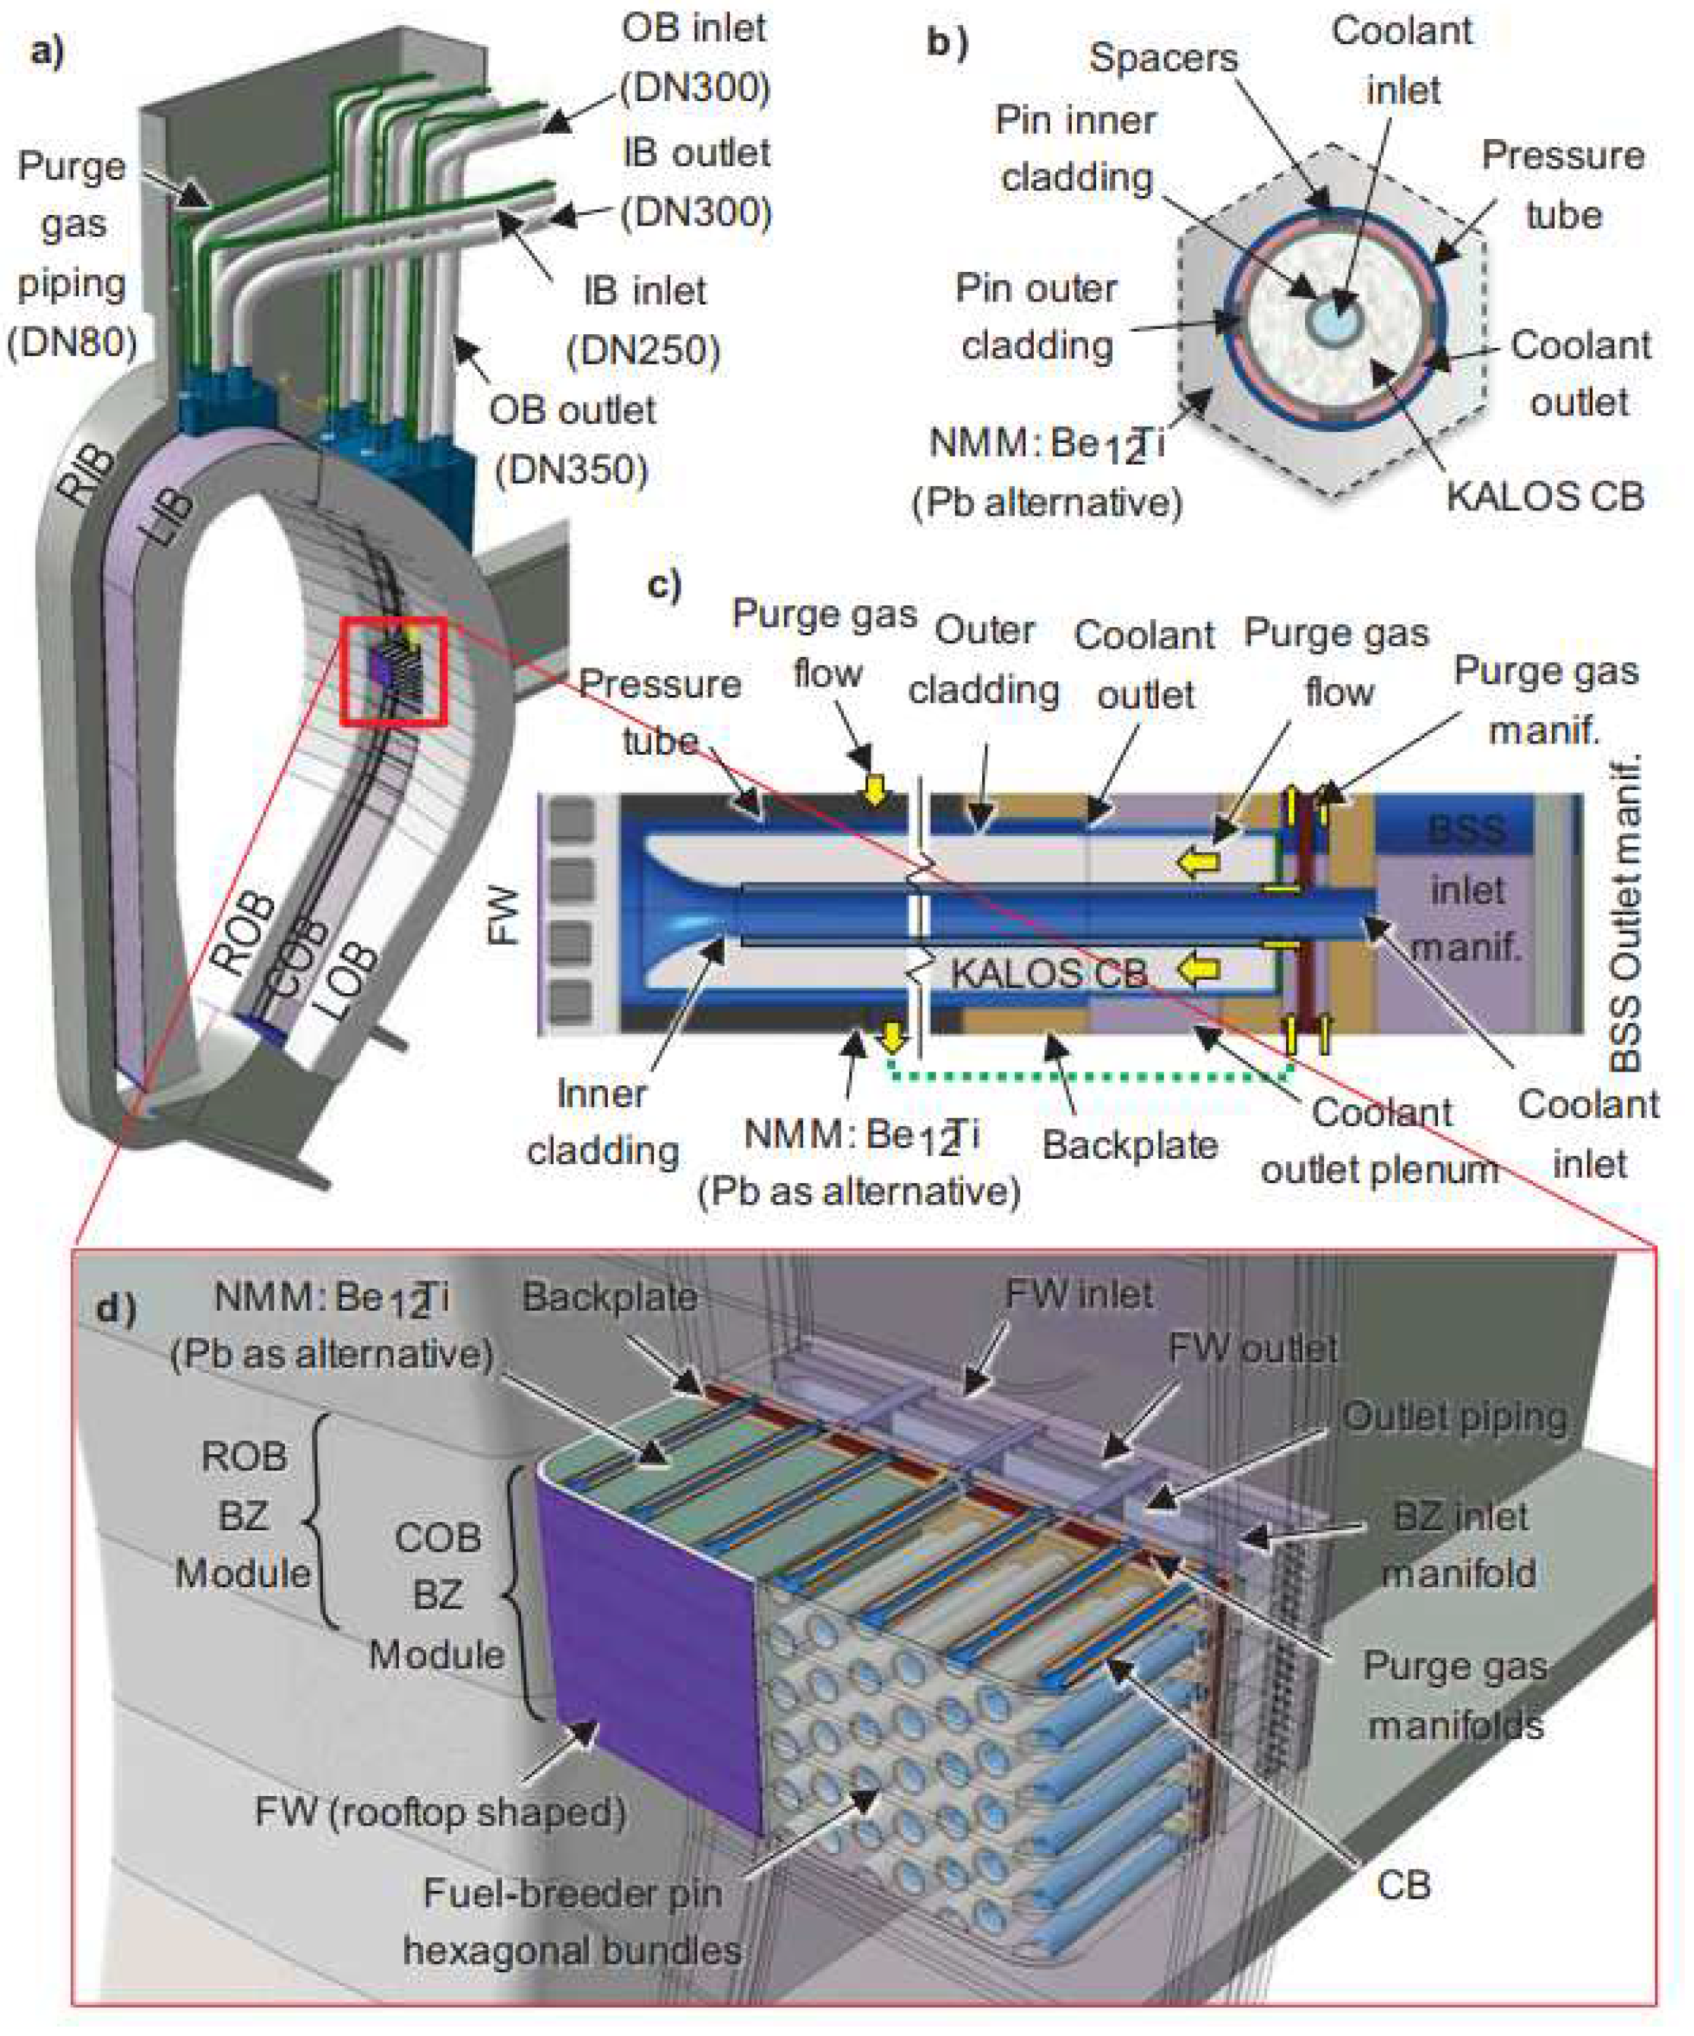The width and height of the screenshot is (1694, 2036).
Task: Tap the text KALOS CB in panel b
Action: (1544, 497)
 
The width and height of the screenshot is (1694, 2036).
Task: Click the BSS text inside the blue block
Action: (1466, 830)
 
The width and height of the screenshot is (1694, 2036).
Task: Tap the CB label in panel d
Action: (1402, 1886)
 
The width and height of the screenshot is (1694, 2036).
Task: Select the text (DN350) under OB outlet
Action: (571, 471)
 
